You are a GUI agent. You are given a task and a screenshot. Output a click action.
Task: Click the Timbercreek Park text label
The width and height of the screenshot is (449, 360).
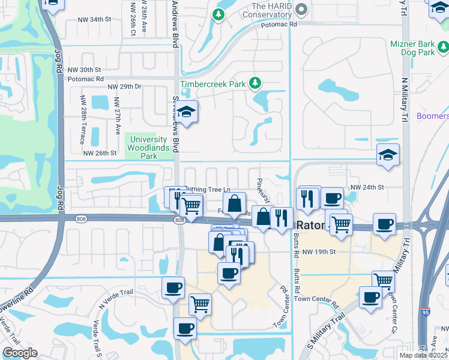[x=213, y=85]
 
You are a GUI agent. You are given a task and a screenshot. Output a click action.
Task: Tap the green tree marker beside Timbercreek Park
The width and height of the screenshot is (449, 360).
[x=256, y=83]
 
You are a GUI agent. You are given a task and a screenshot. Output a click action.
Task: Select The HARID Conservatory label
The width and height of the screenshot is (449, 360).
[x=261, y=10]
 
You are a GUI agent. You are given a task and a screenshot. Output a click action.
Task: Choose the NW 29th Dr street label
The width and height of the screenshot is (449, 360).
[x=124, y=87]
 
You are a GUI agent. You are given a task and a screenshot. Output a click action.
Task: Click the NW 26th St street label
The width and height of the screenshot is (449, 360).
[x=100, y=153]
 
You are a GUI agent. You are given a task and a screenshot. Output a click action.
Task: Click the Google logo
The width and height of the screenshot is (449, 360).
[x=20, y=353]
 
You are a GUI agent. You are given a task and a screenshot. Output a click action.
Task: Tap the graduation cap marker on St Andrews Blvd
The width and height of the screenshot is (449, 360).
[x=187, y=113]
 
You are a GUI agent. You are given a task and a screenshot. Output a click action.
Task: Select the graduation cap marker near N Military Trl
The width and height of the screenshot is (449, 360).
[x=388, y=155]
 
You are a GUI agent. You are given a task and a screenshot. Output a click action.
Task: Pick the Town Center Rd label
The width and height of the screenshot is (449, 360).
[x=317, y=298]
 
